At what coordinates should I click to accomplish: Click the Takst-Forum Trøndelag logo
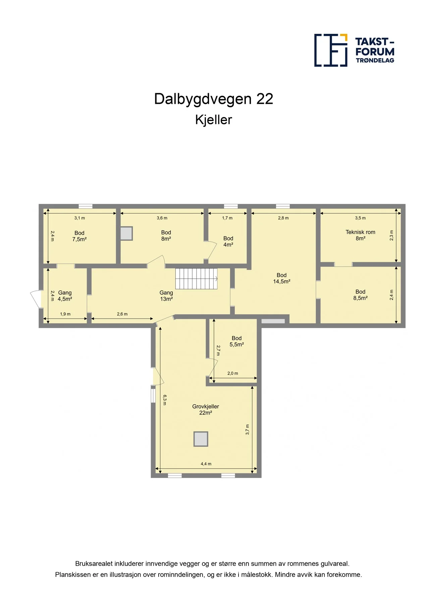(x=354, y=50)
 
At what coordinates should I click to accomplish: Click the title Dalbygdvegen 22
(x=214, y=99)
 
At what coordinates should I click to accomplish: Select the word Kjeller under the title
(x=214, y=120)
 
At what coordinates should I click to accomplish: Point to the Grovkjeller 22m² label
(x=206, y=409)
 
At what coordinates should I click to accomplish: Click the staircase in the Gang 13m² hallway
(x=197, y=278)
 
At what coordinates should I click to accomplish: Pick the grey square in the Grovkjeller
(x=201, y=439)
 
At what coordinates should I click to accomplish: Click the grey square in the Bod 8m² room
(x=126, y=233)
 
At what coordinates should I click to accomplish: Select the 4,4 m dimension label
(x=206, y=464)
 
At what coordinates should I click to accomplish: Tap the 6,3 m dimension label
(x=165, y=400)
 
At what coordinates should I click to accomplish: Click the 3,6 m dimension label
(x=162, y=218)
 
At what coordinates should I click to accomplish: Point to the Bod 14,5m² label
(x=281, y=278)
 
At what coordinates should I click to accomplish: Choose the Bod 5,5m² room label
(x=236, y=341)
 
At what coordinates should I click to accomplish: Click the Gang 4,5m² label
(x=65, y=296)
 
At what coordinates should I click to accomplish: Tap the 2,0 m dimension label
(x=233, y=374)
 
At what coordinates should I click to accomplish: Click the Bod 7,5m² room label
(x=79, y=236)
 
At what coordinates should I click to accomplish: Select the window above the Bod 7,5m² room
(x=86, y=206)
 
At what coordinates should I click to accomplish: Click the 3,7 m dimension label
(x=248, y=430)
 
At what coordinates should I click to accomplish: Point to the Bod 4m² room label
(x=228, y=242)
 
